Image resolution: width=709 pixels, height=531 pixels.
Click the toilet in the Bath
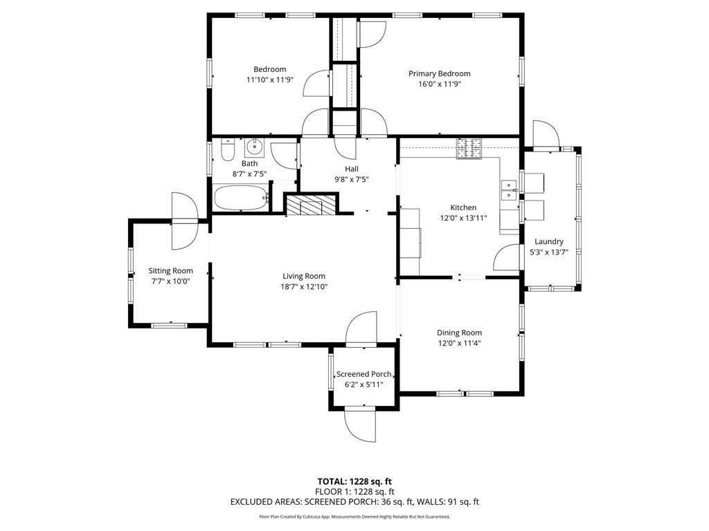click(227, 149)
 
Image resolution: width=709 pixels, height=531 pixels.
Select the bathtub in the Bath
click(240, 198)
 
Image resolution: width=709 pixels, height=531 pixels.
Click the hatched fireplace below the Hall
click(312, 204)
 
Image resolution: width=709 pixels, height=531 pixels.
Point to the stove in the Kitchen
click(469, 149)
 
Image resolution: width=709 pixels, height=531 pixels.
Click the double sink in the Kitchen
click(509, 190)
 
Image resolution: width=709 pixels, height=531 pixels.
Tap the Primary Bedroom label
click(440, 73)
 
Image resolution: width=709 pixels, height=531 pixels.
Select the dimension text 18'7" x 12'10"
click(304, 287)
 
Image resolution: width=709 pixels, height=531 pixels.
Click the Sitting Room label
click(170, 271)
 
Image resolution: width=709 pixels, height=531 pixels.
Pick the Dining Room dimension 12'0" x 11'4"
click(459, 343)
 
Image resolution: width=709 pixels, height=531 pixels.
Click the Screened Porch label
click(364, 374)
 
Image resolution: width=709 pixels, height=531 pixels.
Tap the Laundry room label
click(549, 241)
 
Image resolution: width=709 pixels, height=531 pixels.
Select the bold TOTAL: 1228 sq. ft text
click(354, 481)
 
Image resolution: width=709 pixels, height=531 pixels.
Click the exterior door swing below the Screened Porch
click(360, 425)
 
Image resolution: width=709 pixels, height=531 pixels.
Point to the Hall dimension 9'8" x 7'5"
click(351, 179)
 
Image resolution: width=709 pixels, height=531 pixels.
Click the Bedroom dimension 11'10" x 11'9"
click(270, 80)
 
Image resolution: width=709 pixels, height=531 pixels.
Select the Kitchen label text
click(463, 207)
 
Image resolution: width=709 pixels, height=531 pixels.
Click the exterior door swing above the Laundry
click(546, 135)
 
